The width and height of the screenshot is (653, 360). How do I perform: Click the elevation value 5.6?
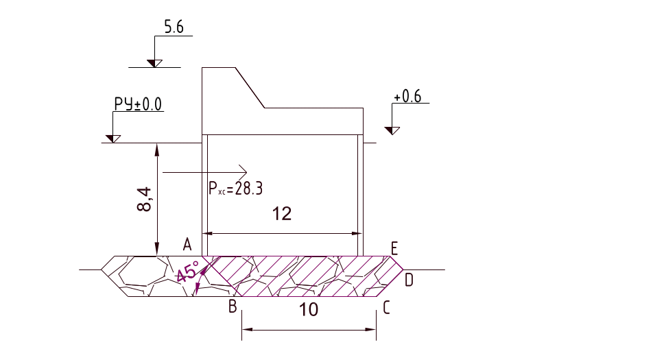tap(174, 27)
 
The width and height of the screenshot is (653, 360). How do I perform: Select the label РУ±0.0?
tap(137, 104)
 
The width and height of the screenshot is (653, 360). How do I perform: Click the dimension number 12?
tap(282, 214)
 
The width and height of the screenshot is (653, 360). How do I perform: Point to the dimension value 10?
tap(309, 310)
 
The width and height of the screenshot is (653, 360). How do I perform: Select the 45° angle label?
tap(185, 273)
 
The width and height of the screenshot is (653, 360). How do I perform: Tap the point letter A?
tap(187, 243)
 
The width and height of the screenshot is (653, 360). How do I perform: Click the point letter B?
tap(233, 307)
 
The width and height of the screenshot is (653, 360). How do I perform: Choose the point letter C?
tap(387, 308)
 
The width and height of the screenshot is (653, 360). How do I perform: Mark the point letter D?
tap(409, 279)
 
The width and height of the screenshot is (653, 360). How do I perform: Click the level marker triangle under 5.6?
tap(154, 64)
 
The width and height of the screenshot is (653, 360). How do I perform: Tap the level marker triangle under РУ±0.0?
tap(112, 139)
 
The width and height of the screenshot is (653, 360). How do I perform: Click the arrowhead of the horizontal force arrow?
tap(243, 170)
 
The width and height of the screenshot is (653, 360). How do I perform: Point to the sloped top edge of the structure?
tap(250, 87)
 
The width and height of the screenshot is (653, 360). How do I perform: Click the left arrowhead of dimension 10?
tap(246, 330)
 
